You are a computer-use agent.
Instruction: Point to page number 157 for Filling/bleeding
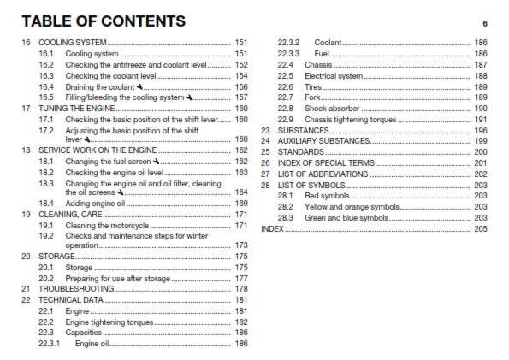coord(241,97)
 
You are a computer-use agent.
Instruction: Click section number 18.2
coord(46,173)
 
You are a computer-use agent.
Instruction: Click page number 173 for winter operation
coord(241,245)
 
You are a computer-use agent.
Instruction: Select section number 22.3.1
coord(49,344)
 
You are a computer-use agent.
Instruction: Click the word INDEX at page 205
coord(272,229)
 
